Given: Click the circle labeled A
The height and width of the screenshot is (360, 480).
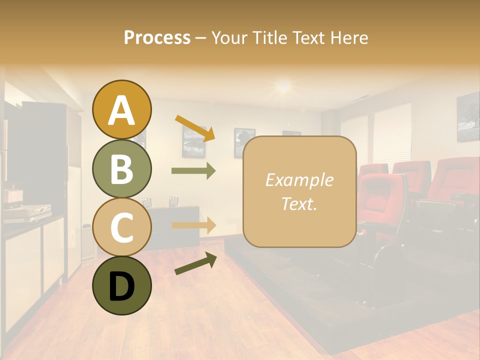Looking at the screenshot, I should coord(121,110).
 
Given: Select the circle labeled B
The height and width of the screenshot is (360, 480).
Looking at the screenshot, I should coord(121,169).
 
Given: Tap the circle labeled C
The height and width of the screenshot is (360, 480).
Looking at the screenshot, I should coord(121,227).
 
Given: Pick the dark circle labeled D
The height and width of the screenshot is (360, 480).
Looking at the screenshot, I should coord(121,285).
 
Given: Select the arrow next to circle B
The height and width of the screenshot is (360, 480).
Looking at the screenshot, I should coord(193,170).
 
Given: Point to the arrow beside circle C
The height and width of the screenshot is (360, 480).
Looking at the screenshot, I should coord(193,225).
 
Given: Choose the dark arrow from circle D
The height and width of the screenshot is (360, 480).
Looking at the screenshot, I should coord(195,263).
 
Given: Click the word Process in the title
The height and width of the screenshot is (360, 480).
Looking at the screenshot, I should coord(157,37).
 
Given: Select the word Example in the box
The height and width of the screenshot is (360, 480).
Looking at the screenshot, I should coord(299,180).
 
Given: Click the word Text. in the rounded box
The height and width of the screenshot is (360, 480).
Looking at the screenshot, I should coord(299,204).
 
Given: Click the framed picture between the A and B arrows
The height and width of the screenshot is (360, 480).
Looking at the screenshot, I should coord(193,141).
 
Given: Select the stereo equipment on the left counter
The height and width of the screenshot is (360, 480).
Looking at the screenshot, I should coord(27,212).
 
